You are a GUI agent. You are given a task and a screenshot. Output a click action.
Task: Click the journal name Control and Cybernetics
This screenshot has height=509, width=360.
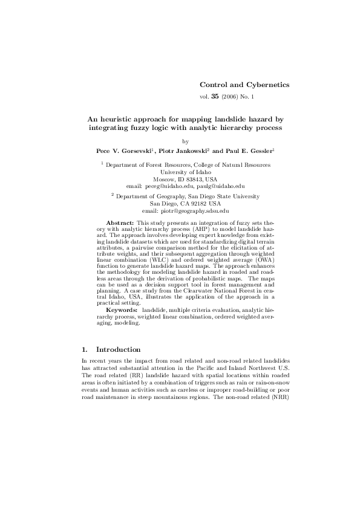click(x=236, y=85)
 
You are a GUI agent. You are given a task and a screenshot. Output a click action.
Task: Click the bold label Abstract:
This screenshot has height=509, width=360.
click(x=120, y=224)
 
